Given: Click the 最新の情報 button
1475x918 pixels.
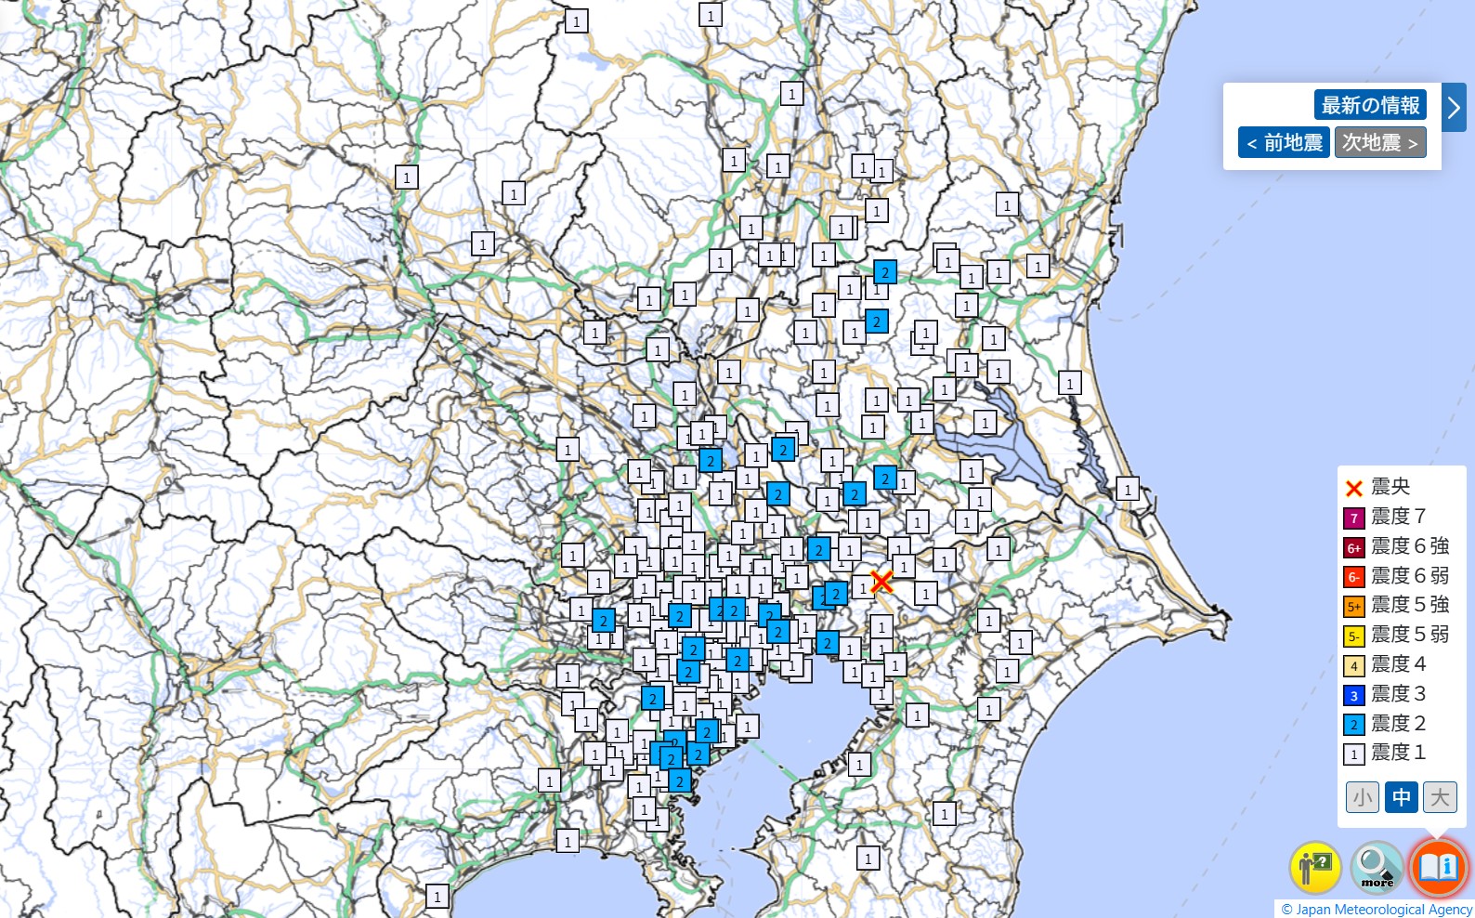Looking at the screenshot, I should (1370, 105).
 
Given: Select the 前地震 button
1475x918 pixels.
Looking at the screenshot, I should (1284, 142).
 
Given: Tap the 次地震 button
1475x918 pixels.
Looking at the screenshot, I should (1379, 142).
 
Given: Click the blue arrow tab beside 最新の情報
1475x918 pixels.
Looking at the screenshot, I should (1454, 108).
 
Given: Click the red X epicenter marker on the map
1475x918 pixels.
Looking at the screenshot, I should (881, 582).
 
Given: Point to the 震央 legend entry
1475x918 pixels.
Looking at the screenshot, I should (1380, 487).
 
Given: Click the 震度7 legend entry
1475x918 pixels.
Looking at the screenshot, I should (1385, 517).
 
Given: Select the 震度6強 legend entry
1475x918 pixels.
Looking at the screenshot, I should (1396, 546).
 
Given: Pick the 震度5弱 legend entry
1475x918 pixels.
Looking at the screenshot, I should (1396, 635).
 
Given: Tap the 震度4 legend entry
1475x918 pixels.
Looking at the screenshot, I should (1385, 664).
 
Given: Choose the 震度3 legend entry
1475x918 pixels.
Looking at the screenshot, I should (1385, 694).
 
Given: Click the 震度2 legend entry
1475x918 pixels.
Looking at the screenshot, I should (1385, 724).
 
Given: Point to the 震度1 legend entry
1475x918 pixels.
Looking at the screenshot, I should (1385, 753).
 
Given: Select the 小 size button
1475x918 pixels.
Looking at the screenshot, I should (1363, 796).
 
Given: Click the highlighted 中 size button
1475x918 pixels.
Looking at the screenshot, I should (1401, 796).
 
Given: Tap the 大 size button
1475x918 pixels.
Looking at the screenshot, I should (1440, 796).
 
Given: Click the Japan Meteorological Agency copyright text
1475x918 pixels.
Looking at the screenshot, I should (1377, 910).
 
